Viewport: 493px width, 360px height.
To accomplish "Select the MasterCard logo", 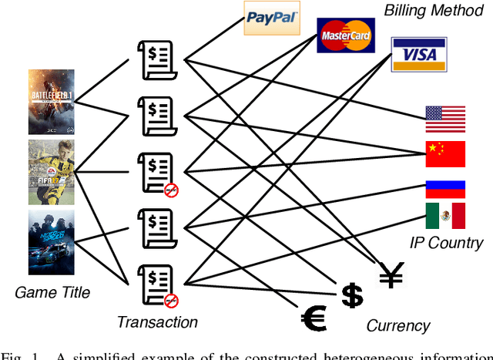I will point(344,35).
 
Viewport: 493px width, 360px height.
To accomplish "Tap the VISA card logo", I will point(418,54).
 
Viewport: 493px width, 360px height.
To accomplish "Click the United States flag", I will point(445,119).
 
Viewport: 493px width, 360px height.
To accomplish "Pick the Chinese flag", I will point(445,154).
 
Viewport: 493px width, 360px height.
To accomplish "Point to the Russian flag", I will point(445,189).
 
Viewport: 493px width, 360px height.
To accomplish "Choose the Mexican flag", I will point(445,216).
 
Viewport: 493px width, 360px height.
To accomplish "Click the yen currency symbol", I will point(391,274).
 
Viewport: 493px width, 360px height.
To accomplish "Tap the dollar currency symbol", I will point(352,294).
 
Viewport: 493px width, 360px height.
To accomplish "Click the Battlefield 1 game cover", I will point(52,102).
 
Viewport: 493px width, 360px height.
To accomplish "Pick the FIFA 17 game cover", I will point(52,171).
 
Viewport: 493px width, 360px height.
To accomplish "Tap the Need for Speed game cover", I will point(52,241).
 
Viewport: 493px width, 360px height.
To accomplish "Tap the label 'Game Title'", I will point(52,292).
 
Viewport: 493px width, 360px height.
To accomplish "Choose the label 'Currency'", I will point(398,325).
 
